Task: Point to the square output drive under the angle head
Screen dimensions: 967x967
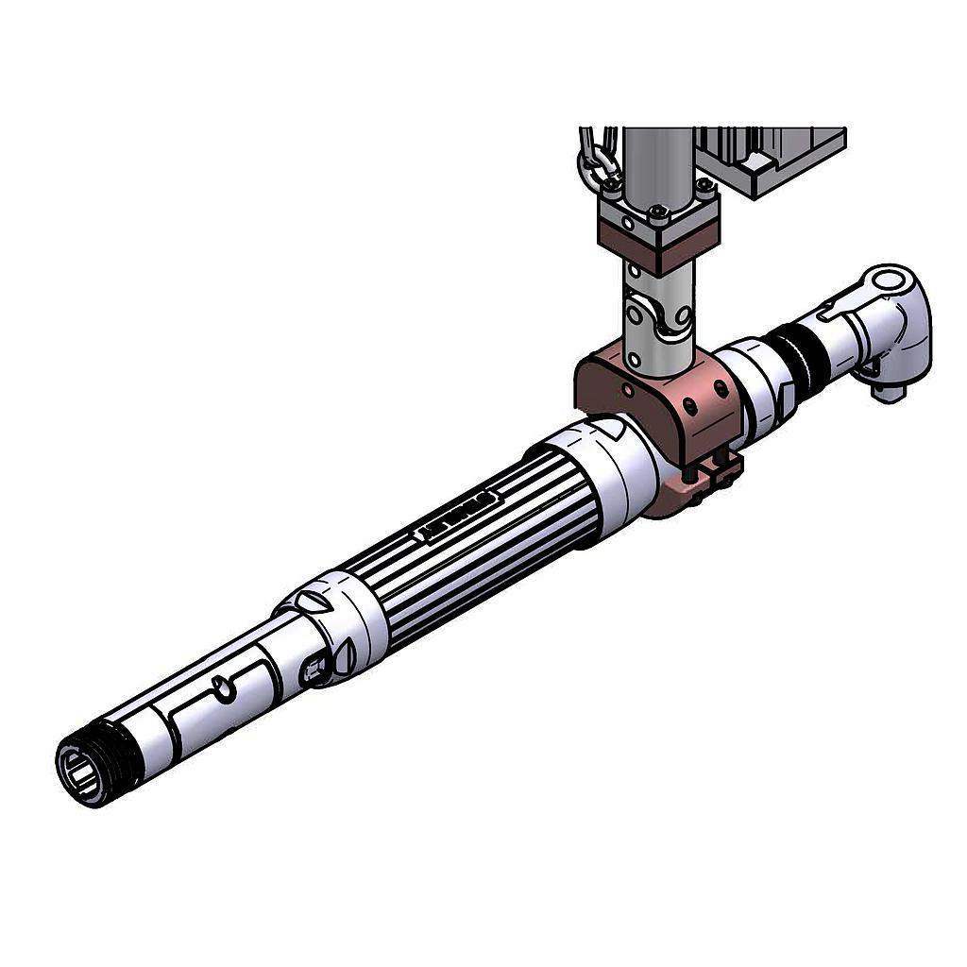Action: pos(887,388)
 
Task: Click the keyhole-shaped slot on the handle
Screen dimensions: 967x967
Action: pos(225,688)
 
